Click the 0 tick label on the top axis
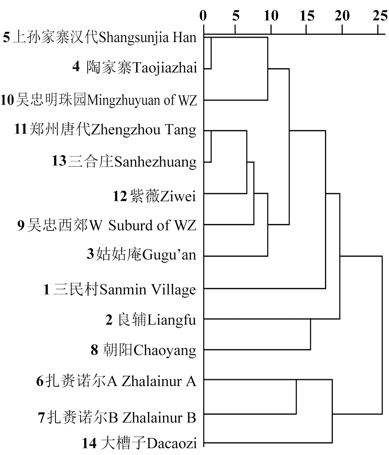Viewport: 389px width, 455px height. point(203,16)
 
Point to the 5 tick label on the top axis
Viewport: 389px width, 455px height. point(236,16)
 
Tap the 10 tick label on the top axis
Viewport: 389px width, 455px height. point(271,16)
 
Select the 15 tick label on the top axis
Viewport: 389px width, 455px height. point(307,16)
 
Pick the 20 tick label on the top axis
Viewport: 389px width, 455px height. point(342,16)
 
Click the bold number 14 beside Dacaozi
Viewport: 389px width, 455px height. point(89,443)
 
